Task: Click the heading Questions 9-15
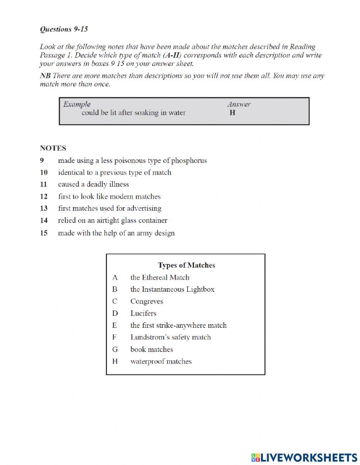64,30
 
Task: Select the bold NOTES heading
53,148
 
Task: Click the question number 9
42,160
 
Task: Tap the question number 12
44,196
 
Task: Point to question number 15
44,233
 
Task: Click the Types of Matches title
186,265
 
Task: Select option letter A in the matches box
115,277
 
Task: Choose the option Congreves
147,301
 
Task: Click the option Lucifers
143,313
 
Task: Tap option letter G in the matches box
115,349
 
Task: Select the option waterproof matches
161,361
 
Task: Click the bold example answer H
232,113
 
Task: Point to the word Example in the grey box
77,104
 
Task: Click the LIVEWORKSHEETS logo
304,457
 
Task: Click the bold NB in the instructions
45,76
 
